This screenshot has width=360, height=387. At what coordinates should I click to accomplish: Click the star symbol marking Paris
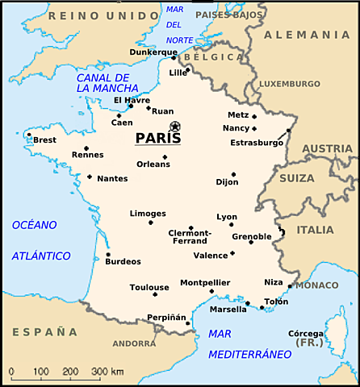(174, 126)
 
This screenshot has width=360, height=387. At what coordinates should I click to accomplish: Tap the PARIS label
(158, 139)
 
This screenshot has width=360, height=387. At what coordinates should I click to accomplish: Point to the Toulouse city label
(149, 287)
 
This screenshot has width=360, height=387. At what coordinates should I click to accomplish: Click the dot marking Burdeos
(108, 255)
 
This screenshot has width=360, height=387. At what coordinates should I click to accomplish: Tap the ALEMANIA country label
(312, 35)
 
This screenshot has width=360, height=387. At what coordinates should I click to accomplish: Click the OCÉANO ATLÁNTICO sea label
(40, 239)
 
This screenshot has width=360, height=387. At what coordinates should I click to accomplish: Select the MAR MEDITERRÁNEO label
(249, 344)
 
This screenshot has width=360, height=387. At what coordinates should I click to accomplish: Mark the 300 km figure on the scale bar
(106, 371)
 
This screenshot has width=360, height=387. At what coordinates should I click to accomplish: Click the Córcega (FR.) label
(306, 339)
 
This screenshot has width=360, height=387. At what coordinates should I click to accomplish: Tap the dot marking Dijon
(233, 174)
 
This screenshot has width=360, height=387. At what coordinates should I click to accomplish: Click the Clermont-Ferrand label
(190, 237)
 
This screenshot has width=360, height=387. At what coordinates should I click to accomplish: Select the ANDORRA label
(134, 343)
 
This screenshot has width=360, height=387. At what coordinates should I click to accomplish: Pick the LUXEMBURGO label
(289, 83)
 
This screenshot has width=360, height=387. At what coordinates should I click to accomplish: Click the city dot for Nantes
(90, 177)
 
